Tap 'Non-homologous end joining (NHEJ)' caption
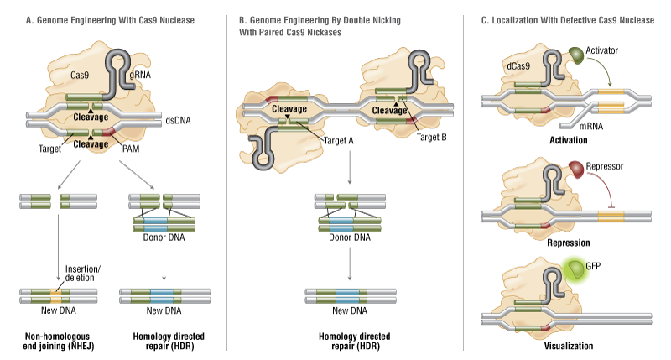click(x=51, y=342)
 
